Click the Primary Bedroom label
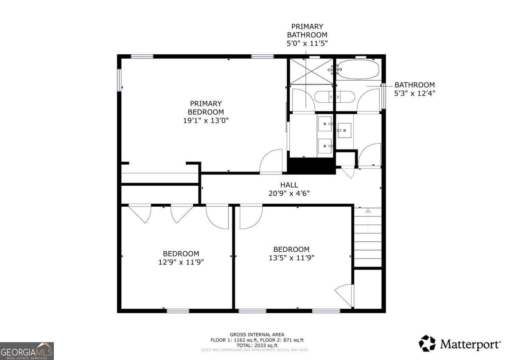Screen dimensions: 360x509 [x=206, y=107]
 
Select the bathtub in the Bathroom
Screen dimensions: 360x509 [x=360, y=69]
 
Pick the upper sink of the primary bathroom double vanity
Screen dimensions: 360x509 [x=325, y=124]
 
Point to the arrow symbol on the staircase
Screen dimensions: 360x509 [x=368, y=211]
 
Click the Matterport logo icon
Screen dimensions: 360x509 [x=427, y=343]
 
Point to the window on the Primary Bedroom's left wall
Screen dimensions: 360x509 [x=120, y=80]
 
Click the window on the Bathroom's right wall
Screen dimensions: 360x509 [x=383, y=96]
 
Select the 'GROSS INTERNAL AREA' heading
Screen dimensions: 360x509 [x=257, y=335]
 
